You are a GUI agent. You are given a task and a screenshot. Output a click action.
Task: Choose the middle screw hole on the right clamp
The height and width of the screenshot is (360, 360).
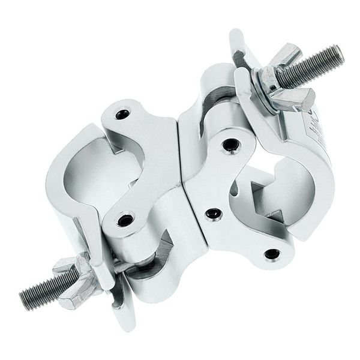point(212,213)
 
